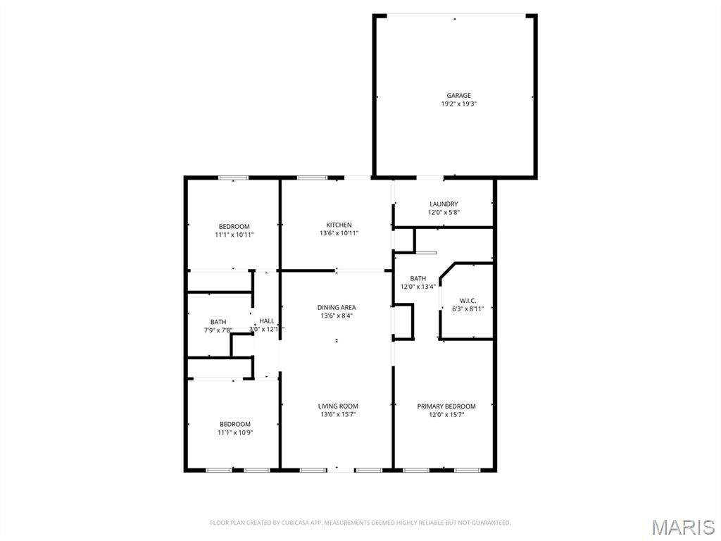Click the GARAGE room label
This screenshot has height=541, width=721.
[x=459, y=95]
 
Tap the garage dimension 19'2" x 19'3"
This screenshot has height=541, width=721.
[x=459, y=104]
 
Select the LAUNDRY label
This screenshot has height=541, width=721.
[x=444, y=204]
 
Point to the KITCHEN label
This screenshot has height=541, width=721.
[x=339, y=225]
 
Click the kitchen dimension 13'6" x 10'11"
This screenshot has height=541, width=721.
[x=339, y=233]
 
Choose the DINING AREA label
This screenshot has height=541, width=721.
[x=337, y=307]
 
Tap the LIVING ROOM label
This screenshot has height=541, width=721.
[x=338, y=406]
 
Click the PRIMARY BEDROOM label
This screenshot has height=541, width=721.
[x=446, y=406]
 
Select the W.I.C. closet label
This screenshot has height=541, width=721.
[x=468, y=300]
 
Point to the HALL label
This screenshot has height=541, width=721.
[x=267, y=321]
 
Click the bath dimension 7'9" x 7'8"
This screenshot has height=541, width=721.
[x=218, y=330]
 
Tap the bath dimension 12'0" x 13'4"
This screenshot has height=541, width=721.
[x=418, y=287]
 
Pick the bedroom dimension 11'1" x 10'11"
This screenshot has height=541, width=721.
[x=234, y=235]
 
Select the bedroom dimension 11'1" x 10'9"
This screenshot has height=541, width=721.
[x=235, y=433]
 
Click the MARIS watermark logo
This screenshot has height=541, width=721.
[x=683, y=527]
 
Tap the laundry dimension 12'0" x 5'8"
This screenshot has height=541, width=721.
[x=444, y=213]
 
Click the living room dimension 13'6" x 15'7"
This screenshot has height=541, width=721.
[x=338, y=414]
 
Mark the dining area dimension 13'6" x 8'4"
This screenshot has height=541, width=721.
[x=337, y=316]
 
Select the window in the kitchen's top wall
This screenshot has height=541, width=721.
[x=312, y=178]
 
